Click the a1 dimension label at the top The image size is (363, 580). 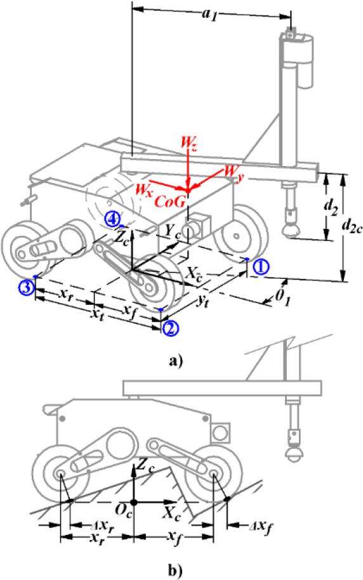pos(209,15)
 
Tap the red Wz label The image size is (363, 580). pos(189,143)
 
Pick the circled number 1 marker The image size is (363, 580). pos(261,267)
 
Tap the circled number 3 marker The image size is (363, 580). pos(26,288)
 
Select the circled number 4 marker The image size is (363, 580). pos(112,218)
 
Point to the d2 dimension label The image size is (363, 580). pos(331,209)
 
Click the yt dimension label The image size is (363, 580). pos(202,302)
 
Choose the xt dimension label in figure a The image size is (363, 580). pos(98,314)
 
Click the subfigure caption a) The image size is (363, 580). pos(176,361)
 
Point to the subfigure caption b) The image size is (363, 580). pos(176,571)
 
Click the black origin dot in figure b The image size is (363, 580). pos(134,502)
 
